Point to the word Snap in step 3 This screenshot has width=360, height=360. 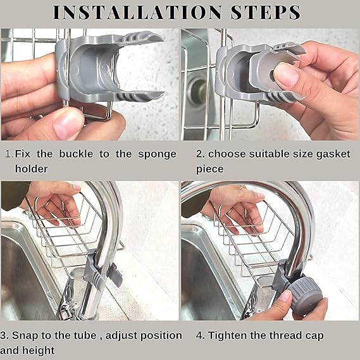pyautogui.click(x=25, y=335)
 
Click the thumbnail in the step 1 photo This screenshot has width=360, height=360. pyautogui.click(x=68, y=123)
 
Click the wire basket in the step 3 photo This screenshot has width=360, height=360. pyautogui.click(x=60, y=234)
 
